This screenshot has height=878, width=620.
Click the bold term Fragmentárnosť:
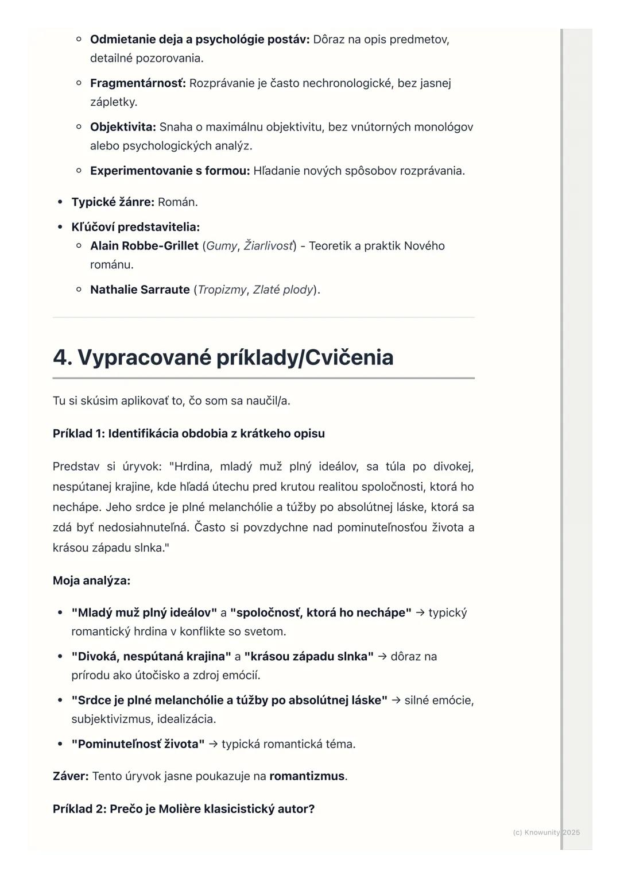138,83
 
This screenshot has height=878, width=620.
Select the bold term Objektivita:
123,127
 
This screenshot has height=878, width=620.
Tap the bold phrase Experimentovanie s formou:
170,171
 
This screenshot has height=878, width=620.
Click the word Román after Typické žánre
177,202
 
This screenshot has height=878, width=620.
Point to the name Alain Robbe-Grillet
144,246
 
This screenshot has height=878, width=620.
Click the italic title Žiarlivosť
268,246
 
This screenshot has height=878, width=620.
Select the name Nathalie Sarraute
139,290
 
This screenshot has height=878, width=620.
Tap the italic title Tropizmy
222,290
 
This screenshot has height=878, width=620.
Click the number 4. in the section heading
63,357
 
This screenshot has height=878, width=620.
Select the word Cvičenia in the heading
349,357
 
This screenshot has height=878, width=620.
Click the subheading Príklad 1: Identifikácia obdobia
188,434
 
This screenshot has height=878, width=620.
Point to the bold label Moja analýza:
91,581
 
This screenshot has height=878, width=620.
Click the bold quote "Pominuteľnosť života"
138,744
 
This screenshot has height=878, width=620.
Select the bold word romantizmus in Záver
307,776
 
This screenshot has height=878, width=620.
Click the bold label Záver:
71,776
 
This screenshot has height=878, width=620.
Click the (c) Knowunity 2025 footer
546,833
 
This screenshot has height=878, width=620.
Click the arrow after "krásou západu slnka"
382,657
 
